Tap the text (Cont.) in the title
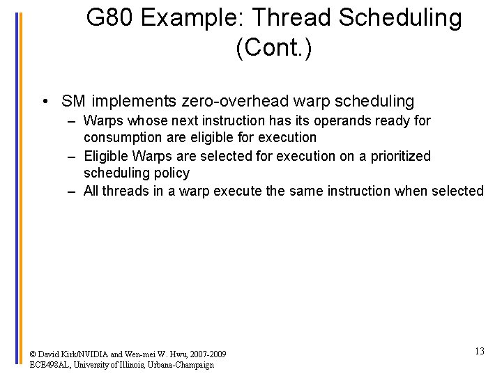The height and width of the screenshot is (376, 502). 274,48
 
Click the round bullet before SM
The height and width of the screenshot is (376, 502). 45,102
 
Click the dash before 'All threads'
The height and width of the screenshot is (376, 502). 72,191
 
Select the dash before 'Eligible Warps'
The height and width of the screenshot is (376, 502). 72,155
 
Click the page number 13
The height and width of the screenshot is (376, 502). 479,351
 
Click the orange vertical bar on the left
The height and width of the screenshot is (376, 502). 21,188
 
